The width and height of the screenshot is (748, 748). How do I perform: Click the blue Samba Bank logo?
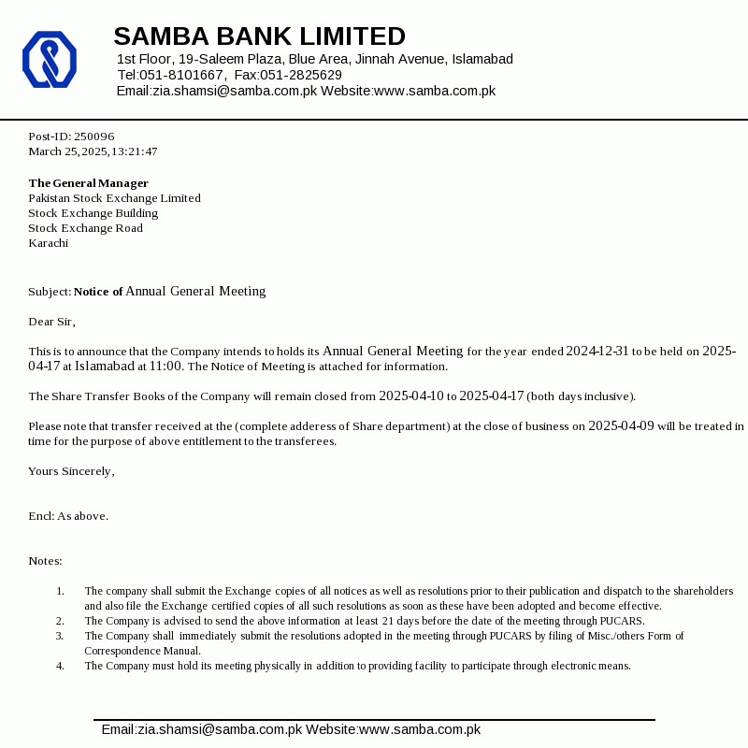tap(49, 60)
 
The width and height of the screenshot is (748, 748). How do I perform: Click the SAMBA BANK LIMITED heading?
tap(259, 36)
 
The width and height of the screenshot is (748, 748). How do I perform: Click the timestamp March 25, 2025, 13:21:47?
tap(93, 151)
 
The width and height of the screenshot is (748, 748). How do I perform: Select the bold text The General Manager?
tap(88, 183)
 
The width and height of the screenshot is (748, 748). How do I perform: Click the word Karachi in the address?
tap(48, 243)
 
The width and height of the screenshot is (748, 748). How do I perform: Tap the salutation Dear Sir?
tap(51, 322)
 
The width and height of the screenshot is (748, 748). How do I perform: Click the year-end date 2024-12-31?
tap(597, 352)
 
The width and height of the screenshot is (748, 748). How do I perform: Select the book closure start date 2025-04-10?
tap(410, 396)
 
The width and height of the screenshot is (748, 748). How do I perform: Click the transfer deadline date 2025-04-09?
tap(621, 426)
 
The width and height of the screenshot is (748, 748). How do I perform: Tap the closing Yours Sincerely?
tap(71, 471)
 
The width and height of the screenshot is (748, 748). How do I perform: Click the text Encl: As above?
tap(68, 516)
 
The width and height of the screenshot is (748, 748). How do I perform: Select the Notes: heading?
tap(45, 561)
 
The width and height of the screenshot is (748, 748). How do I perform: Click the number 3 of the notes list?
tap(60, 636)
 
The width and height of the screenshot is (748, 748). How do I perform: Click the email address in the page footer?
tap(201, 729)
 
